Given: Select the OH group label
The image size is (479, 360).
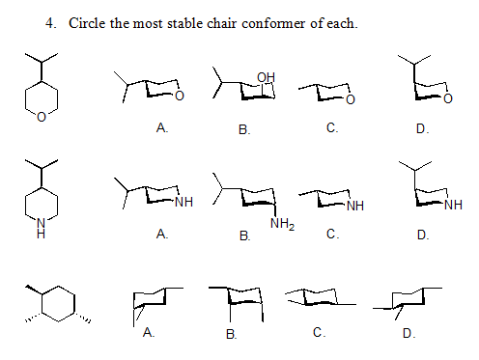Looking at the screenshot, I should click(267, 76).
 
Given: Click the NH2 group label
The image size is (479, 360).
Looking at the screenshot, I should click(282, 225).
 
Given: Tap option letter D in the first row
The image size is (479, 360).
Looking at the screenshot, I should click(422, 127).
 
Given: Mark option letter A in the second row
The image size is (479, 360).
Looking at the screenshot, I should click(161, 234).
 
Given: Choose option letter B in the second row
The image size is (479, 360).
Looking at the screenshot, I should click(243, 235).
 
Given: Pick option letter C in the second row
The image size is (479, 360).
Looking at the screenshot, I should click(331, 234).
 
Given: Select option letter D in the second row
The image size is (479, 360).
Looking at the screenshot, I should click(422, 235).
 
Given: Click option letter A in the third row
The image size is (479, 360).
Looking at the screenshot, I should click(147, 332).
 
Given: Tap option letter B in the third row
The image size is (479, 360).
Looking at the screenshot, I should click(231, 334).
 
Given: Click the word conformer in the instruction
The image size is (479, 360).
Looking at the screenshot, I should click(285, 22).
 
